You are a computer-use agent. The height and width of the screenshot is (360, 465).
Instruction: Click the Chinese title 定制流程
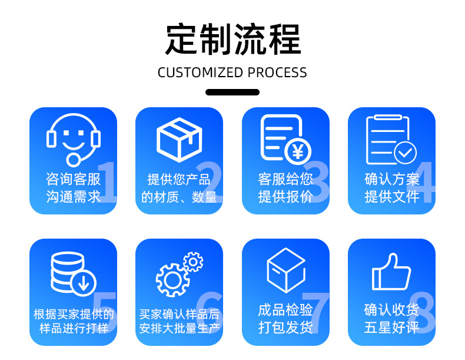click(232, 39)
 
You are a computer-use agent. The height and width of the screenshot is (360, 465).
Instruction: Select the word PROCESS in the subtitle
click(277, 72)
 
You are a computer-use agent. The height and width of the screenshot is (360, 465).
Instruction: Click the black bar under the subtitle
click(232, 92)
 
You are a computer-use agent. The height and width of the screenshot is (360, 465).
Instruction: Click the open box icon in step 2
click(180, 139)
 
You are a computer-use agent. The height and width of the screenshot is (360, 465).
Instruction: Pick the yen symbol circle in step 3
click(298, 153)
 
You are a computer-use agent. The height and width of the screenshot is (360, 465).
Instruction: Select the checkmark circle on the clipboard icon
click(405, 153)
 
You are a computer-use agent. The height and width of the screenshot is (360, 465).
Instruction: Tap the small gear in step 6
click(192, 261)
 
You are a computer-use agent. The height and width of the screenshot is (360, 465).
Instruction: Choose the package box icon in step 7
click(286, 270)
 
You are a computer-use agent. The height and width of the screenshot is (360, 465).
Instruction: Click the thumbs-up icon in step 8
click(391, 272)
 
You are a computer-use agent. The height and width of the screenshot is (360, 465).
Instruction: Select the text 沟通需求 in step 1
click(73, 197)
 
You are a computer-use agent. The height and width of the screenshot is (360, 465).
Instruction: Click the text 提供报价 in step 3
click(285, 197)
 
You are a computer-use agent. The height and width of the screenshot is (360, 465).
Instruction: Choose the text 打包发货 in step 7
click(285, 328)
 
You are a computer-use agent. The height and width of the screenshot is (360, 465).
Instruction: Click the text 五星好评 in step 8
click(391, 328)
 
